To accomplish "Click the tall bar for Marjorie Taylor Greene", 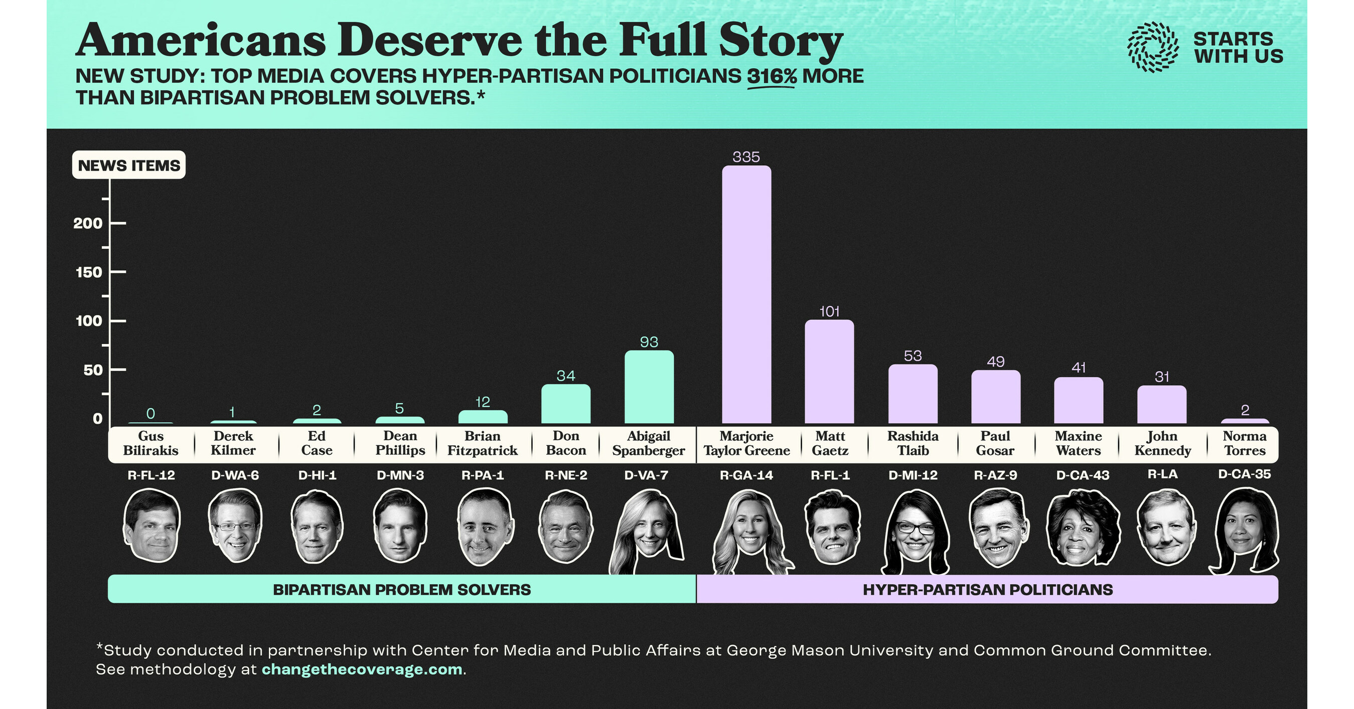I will (x=746, y=294).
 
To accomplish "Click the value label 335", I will (x=746, y=156).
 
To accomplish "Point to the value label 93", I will (x=649, y=342).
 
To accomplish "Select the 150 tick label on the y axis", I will (x=89, y=272).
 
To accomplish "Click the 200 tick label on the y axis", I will (x=88, y=223).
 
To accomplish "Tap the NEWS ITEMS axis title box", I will (x=129, y=165).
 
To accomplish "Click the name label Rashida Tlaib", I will (x=913, y=443).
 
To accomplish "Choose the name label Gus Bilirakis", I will (x=151, y=443).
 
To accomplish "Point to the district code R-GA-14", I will (x=746, y=475).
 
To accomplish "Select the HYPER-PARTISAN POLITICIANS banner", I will (x=987, y=589).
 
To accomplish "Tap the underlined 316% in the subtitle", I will (x=771, y=76).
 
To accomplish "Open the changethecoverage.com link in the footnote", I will (x=362, y=669).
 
